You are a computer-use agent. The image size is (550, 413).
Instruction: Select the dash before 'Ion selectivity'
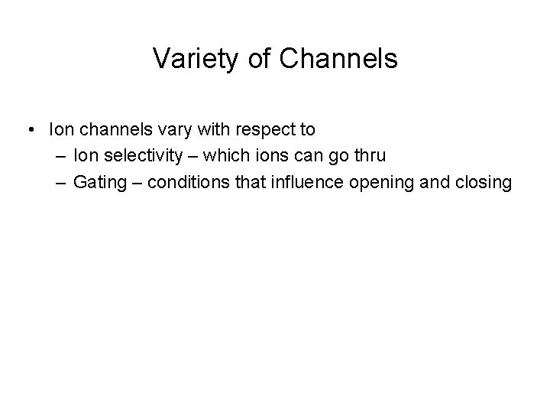(x=60, y=156)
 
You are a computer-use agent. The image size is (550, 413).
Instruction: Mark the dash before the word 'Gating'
(x=60, y=183)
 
